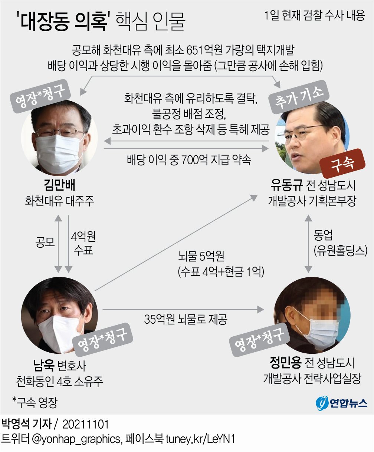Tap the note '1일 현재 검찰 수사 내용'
point(315,16)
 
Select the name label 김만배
point(59,185)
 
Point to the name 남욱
point(44,365)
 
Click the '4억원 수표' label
point(83,243)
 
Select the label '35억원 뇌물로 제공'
point(186,319)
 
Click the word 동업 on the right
point(323,235)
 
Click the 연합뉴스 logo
point(342,402)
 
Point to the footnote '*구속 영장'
point(35,402)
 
